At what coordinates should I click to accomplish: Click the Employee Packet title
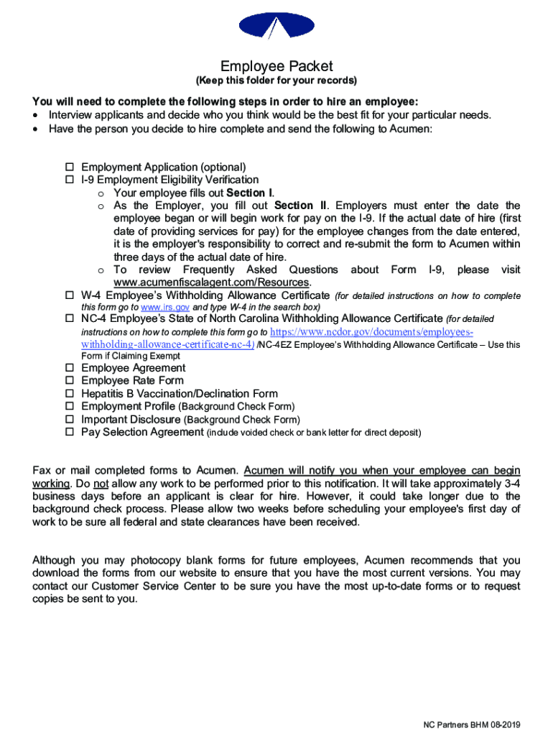pyautogui.click(x=276, y=66)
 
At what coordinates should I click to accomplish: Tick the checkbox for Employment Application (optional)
pyautogui.click(x=70, y=167)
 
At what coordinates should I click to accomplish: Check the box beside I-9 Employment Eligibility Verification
pyautogui.click(x=70, y=180)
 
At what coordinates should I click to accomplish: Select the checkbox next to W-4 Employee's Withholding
pyautogui.click(x=70, y=295)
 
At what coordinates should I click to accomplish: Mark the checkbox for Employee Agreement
pyautogui.click(x=70, y=368)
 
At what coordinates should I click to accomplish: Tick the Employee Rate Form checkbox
pyautogui.click(x=70, y=381)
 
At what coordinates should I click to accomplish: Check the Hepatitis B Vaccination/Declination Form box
pyautogui.click(x=70, y=394)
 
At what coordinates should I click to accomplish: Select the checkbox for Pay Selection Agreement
pyautogui.click(x=70, y=433)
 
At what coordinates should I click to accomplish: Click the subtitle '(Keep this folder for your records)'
pyautogui.click(x=276, y=80)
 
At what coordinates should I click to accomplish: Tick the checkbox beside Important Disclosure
pyautogui.click(x=70, y=420)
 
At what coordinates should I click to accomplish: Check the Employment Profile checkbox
pyautogui.click(x=70, y=407)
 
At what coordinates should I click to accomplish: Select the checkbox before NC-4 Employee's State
pyautogui.click(x=70, y=318)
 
